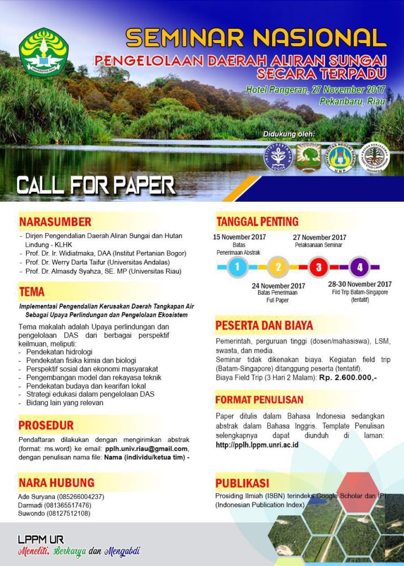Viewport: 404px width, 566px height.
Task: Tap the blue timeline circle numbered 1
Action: [x=237, y=268]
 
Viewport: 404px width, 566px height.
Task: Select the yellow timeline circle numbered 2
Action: [x=278, y=268]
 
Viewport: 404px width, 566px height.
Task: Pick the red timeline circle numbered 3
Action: [x=318, y=268]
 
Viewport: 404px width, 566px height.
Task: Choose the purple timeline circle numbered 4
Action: [x=359, y=268]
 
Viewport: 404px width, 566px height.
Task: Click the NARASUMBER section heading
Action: [x=55, y=222]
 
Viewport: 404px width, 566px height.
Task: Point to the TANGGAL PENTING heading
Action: [x=257, y=222]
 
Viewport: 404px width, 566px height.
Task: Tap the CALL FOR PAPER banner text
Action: [x=96, y=185]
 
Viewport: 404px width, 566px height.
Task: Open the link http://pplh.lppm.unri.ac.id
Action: [x=257, y=444]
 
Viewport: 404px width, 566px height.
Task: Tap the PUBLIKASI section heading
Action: [x=242, y=482]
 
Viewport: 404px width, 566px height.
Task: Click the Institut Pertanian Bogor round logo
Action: [x=277, y=157]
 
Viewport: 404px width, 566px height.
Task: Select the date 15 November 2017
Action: [x=239, y=237]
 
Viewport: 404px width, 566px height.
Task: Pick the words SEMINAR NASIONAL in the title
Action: [x=256, y=38]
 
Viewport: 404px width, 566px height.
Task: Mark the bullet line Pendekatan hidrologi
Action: [x=59, y=352]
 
